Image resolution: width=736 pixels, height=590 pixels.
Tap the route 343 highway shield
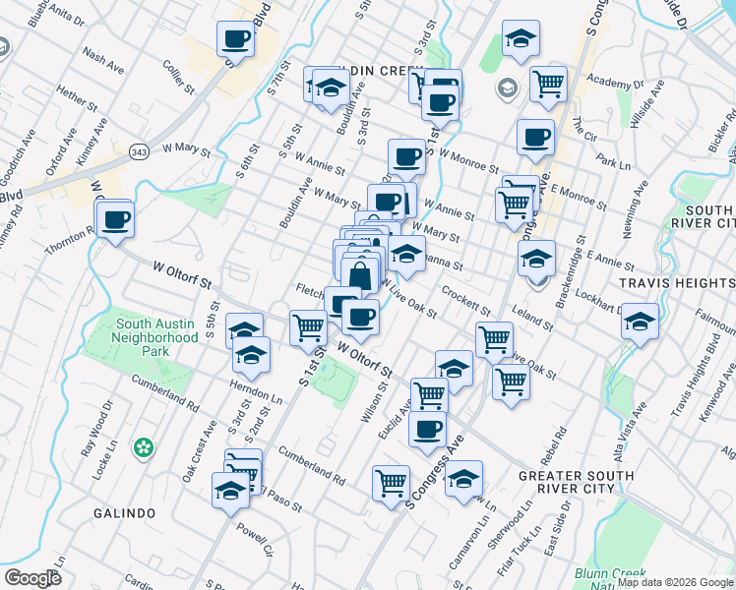139,151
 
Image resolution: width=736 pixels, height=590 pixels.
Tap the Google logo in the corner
32,578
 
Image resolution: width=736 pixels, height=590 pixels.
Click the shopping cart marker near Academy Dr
548,85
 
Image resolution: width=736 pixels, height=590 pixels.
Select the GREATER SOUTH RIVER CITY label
584,484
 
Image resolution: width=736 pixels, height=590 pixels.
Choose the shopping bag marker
361,276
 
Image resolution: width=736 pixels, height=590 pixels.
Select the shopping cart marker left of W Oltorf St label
308,326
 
